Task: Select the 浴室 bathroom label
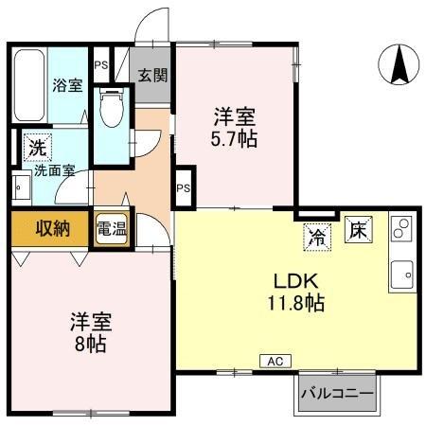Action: point(66,84)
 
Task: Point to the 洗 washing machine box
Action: point(35,148)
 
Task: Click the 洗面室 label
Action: point(54,172)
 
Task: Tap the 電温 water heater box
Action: point(112,228)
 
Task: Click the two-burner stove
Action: point(400,229)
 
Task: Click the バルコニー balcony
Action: point(337,392)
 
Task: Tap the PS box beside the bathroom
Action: point(99,65)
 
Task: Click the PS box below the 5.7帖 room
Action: point(184,187)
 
